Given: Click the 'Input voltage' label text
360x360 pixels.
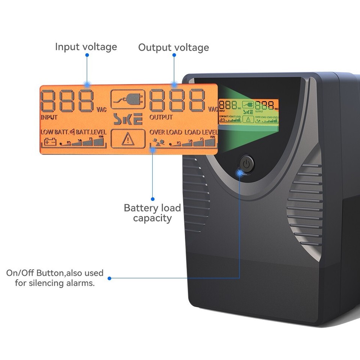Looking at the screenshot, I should (86, 47).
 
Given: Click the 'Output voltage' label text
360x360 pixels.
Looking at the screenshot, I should (173, 48).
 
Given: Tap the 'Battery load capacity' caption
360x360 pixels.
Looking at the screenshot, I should (152, 213).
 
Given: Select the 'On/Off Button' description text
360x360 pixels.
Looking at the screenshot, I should (55, 277).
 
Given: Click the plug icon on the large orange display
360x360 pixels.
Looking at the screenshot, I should (128, 99).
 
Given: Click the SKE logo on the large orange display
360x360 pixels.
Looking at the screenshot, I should (128, 120).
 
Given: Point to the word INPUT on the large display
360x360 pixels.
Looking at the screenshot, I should (49, 117).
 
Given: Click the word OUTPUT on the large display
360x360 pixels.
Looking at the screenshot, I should (161, 117).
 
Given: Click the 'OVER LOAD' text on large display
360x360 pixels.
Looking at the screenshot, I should (166, 132).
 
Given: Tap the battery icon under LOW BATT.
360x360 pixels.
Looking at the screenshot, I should (50, 142).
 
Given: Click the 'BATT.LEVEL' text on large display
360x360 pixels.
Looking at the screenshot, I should (91, 132).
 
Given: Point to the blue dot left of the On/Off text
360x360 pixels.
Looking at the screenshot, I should (109, 278).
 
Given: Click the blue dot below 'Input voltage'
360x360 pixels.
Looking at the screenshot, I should (87, 55).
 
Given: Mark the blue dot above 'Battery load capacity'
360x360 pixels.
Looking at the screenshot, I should (153, 199).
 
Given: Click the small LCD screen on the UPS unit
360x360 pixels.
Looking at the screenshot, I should (249, 111).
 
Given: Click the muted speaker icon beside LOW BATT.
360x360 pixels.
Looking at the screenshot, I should (72, 132).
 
